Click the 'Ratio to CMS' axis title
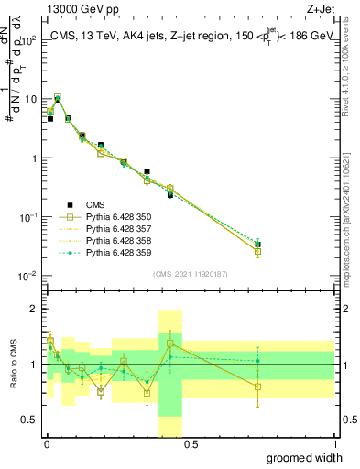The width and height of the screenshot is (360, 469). (x=13, y=365)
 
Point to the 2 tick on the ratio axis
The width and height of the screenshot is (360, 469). (x=34, y=309)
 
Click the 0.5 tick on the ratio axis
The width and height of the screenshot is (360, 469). (x=31, y=422)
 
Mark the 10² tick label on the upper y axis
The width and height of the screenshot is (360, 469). (x=30, y=39)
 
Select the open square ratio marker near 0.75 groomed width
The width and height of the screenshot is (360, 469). (x=258, y=387)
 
